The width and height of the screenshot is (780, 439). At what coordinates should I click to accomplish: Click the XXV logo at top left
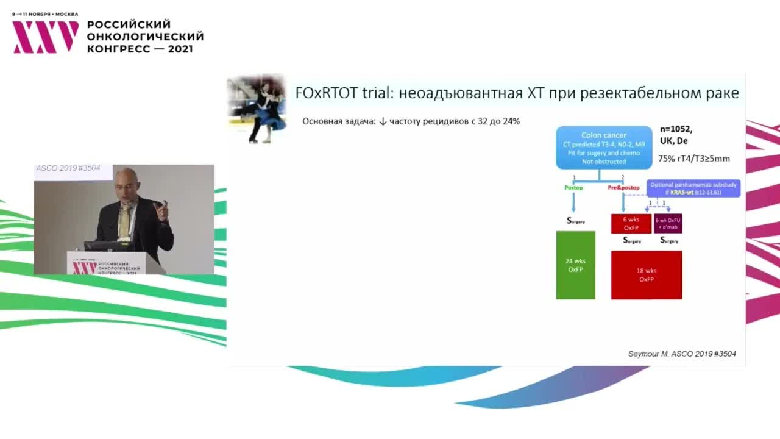pyautogui.click(x=46, y=37)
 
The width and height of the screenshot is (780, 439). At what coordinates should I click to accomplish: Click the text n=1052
pyautogui.click(x=676, y=129)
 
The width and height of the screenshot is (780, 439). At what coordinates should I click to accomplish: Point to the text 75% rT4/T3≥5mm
pyautogui.click(x=693, y=158)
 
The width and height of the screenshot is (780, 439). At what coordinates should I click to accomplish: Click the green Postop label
pyautogui.click(x=573, y=188)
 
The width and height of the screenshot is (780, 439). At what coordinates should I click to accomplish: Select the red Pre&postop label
pyautogui.click(x=623, y=188)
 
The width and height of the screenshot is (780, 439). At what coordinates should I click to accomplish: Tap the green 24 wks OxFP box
pyautogui.click(x=575, y=265)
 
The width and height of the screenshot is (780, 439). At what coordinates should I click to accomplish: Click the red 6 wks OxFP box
pyautogui.click(x=631, y=223)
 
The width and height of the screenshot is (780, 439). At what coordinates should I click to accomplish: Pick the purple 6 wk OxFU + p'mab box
pyautogui.click(x=668, y=223)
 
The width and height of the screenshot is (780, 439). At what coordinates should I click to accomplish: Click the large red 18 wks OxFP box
pyautogui.click(x=647, y=275)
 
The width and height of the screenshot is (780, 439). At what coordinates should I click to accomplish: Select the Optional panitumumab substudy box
pyautogui.click(x=693, y=188)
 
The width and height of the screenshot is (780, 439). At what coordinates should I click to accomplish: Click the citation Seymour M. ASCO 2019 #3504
pyautogui.click(x=686, y=354)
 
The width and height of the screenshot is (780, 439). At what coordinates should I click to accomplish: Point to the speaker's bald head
pyautogui.click(x=126, y=180)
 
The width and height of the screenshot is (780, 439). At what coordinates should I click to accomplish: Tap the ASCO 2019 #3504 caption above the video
pyautogui.click(x=68, y=168)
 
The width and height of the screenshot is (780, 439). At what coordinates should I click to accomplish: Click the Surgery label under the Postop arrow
pyautogui.click(x=575, y=221)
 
